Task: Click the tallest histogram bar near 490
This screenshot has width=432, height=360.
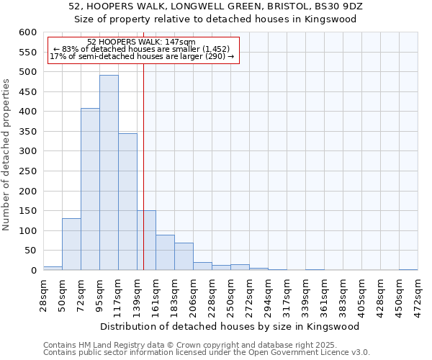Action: pyautogui.click(x=109, y=173)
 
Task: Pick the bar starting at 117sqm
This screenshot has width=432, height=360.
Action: pyautogui.click(x=127, y=202)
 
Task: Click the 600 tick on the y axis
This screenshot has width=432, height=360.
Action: pyautogui.click(x=27, y=32)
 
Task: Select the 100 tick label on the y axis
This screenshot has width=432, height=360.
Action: pyautogui.click(x=27, y=231)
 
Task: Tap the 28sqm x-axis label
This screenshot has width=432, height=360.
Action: pyautogui.click(x=43, y=293)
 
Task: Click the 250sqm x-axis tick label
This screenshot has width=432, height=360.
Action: pyautogui.click(x=230, y=293)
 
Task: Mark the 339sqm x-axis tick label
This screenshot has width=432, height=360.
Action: pyautogui.click(x=305, y=293)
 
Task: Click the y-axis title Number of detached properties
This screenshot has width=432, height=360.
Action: pyautogui.click(x=7, y=155)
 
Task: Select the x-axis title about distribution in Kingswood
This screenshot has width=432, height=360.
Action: pyautogui.click(x=230, y=326)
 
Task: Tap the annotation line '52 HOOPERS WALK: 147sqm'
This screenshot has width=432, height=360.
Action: pyautogui.click(x=140, y=42)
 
